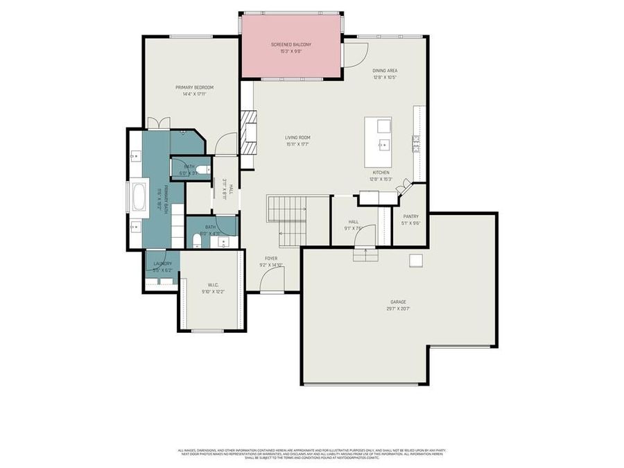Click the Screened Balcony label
click(291, 44)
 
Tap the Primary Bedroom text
click(194, 87)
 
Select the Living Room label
click(297, 137)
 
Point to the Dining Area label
click(384, 70)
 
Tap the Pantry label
click(410, 216)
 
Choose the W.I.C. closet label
click(213, 285)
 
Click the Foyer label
click(271, 258)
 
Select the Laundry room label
click(162, 263)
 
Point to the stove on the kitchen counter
click(416, 143)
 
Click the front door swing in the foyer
click(274, 279)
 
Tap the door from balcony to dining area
click(356, 54)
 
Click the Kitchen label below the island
click(381, 172)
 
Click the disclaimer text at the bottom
click(311, 454)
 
